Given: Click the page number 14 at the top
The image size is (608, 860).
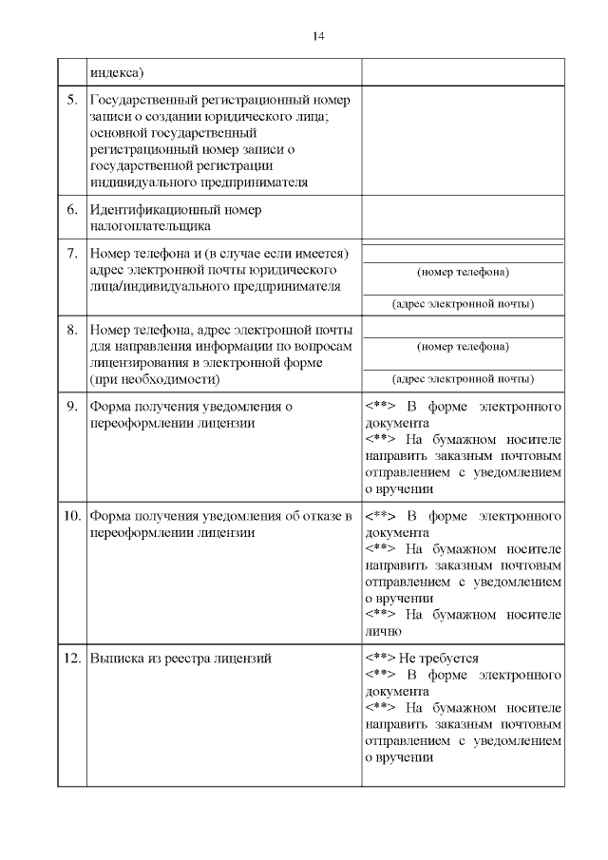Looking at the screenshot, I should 317,36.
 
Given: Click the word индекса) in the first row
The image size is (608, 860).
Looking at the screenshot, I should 117,72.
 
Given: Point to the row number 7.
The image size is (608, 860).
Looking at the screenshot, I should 71,255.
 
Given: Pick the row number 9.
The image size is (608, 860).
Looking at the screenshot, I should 71,407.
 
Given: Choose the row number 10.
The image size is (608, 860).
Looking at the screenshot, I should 71,516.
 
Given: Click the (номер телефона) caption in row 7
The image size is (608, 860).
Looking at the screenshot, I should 463,273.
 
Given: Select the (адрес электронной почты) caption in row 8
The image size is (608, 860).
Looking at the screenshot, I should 463,378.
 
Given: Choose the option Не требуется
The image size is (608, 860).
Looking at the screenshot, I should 438,658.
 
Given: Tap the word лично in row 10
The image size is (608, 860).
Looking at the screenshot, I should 385,631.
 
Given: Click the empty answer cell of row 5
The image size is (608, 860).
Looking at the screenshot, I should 463,142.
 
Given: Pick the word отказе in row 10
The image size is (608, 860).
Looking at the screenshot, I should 320,516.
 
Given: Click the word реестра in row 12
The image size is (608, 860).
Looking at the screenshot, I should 190,658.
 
